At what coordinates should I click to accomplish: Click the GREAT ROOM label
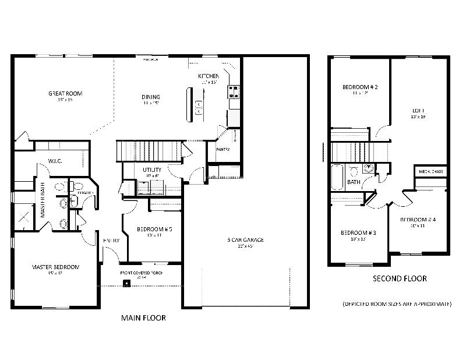tap(65, 93)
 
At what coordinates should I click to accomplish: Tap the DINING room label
tap(150, 97)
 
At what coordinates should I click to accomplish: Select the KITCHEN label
tap(208, 76)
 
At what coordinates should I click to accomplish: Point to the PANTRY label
tap(223, 149)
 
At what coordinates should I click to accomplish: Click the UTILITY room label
tap(152, 170)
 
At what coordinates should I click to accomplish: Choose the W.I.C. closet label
tap(55, 160)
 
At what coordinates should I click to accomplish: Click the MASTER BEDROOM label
tap(55, 267)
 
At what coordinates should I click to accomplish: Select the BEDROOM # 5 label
tap(154, 229)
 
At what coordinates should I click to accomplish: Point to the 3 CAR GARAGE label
tap(245, 239)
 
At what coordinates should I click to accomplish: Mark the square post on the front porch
tap(126, 284)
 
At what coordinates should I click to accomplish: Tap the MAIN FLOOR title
tap(143, 318)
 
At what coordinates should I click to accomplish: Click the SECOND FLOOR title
tap(400, 278)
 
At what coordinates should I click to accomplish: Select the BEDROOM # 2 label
tap(360, 87)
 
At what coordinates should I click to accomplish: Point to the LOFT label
tap(418, 110)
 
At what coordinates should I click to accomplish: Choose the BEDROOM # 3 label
tap(358, 232)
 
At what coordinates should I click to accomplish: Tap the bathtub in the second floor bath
tap(337, 177)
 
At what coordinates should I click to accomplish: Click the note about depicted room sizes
tap(396, 304)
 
